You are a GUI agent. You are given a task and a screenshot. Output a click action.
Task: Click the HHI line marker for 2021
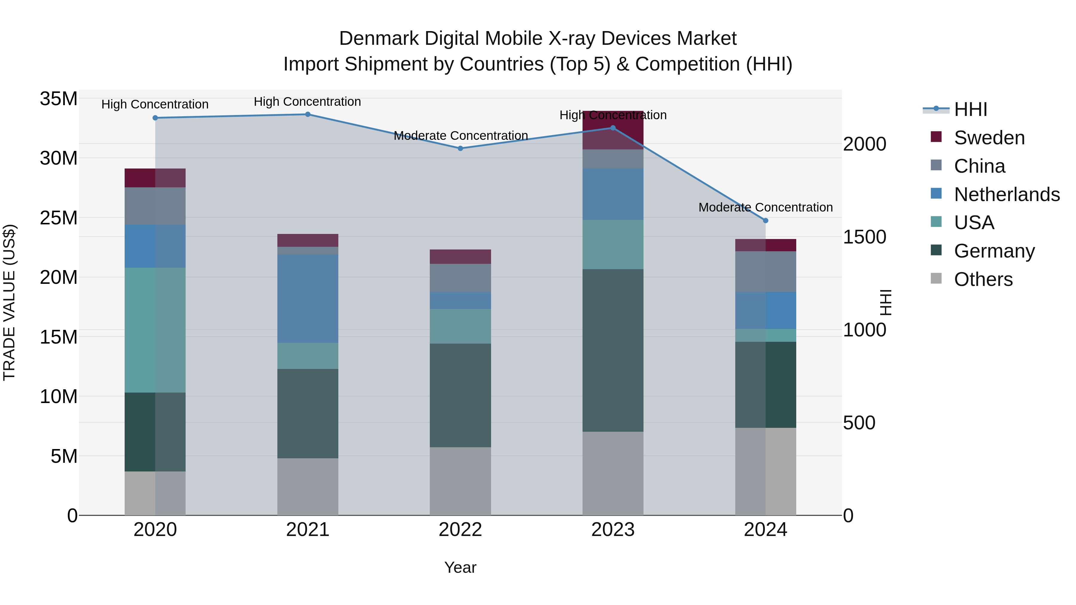(308, 114)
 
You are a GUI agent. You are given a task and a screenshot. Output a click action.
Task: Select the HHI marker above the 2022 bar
(460, 148)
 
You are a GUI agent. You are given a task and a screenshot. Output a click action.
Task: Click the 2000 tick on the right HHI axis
(864, 144)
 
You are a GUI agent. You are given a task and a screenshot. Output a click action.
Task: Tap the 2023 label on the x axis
(613, 530)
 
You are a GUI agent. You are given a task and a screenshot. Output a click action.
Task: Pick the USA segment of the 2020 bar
(155, 330)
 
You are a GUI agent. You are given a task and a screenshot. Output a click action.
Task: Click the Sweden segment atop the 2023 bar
(613, 130)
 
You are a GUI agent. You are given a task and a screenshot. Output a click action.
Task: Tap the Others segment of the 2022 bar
(460, 481)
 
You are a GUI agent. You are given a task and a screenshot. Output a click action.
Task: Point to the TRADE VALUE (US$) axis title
(9, 302)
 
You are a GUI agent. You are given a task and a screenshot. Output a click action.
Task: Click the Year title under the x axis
(460, 567)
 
